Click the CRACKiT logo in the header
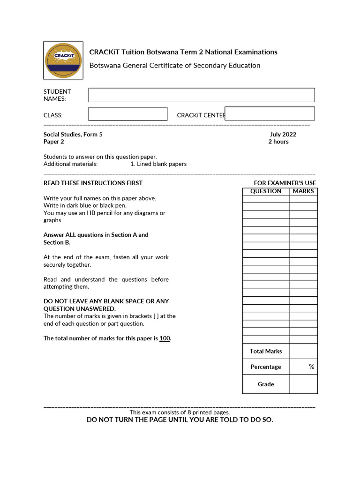pos(63,60)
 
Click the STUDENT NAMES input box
pos(202,95)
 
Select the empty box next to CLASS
pos(127,114)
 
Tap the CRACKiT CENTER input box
pos(270,113)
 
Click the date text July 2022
pos(283,135)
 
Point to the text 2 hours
pos(278,142)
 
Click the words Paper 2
pos(54,142)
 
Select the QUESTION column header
pos(266,191)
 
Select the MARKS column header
pos(303,191)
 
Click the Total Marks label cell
pos(266,352)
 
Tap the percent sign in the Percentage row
pos(311,367)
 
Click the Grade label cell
pos(266,384)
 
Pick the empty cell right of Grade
pos(303,384)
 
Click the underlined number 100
pos(165,338)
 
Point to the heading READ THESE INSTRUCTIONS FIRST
pos(93,183)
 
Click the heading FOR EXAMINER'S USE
pos(285,183)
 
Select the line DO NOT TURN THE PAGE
pos(180,420)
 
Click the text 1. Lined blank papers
pos(158,164)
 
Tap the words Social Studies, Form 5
pos(73,135)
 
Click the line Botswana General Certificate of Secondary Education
pos(175,66)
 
